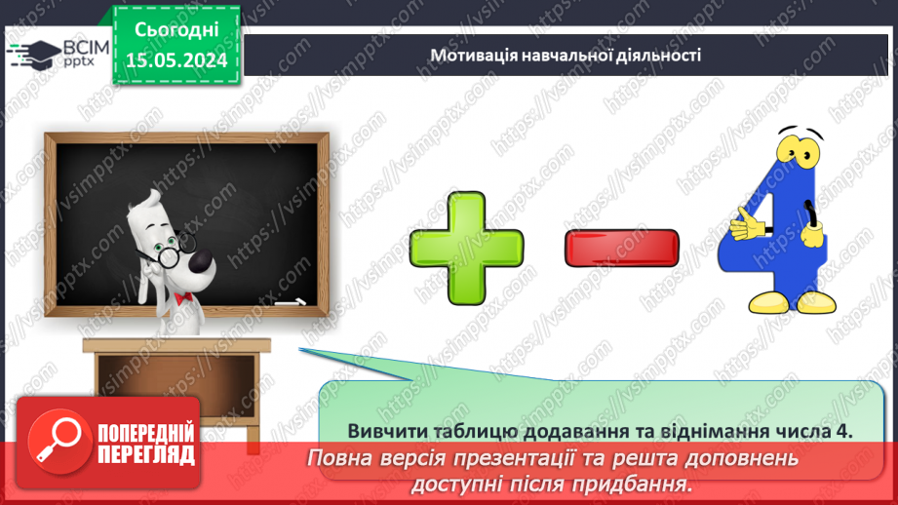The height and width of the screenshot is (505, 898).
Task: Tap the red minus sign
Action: click(x=621, y=248)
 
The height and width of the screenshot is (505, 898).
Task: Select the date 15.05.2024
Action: click(x=176, y=58)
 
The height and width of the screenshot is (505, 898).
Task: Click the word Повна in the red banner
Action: click(x=343, y=458)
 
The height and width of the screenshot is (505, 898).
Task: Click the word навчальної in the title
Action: click(x=568, y=56)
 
